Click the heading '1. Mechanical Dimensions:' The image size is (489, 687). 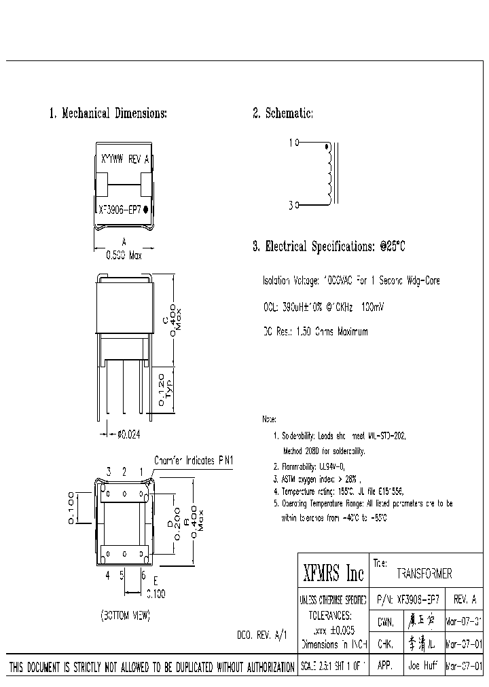click(108, 113)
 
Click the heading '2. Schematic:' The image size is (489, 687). click(283, 113)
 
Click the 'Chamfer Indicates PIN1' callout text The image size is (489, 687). click(194, 460)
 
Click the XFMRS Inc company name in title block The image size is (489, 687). click(333, 574)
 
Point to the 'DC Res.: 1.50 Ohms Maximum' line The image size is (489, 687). click(315, 332)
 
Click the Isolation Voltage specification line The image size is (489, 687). click(350, 281)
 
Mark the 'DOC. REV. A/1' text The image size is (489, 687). click(262, 635)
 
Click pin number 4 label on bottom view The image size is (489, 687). click(107, 574)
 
